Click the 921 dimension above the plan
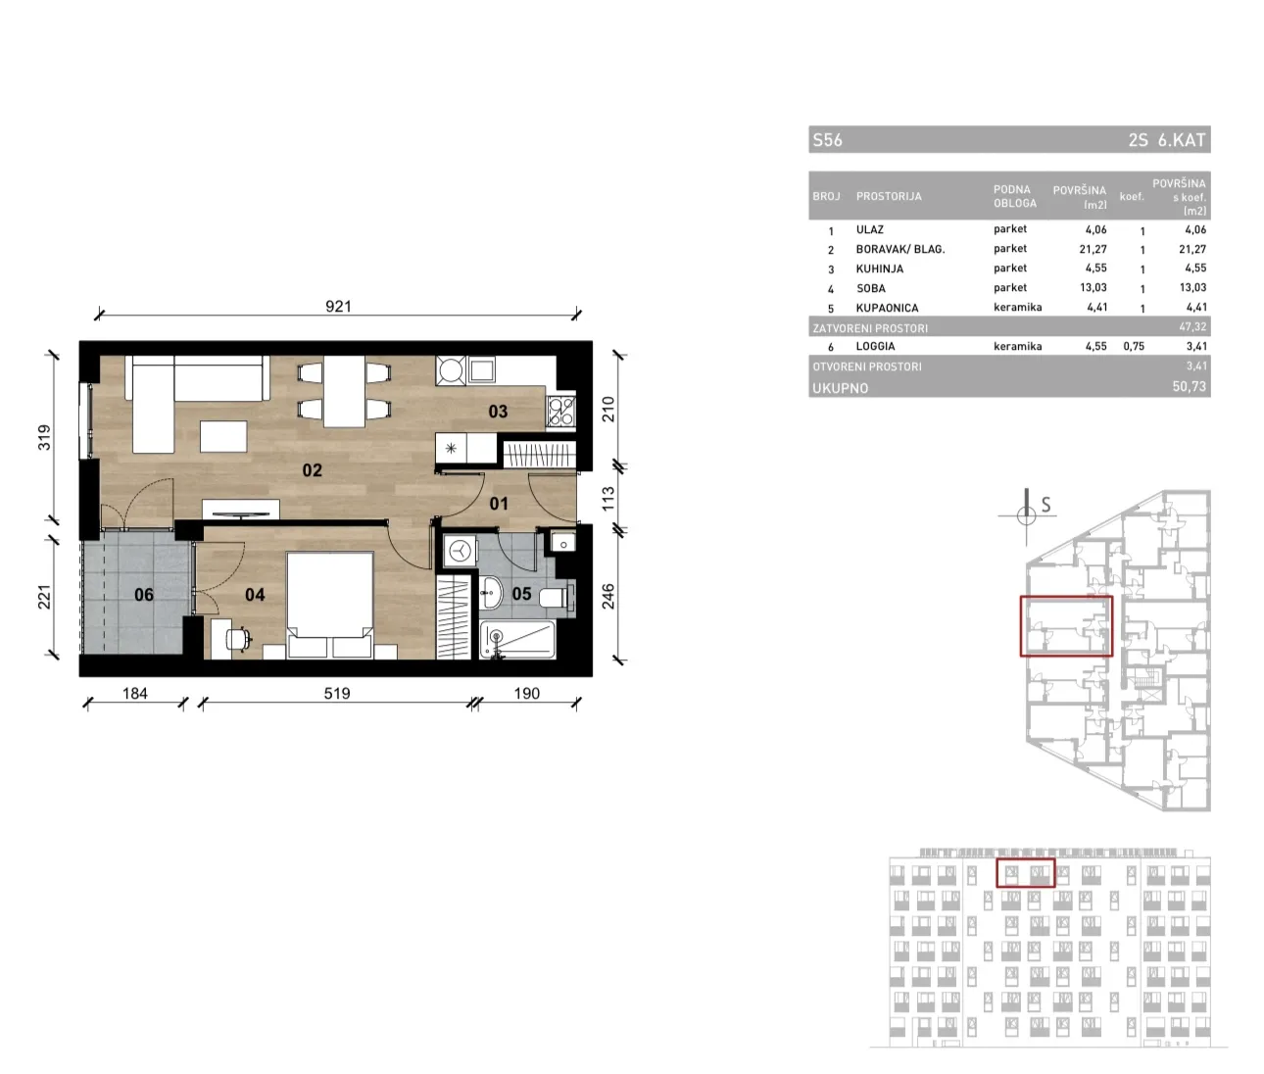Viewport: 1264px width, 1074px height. tap(338, 306)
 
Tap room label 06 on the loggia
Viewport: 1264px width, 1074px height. tap(144, 595)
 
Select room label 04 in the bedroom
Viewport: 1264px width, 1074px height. tap(255, 595)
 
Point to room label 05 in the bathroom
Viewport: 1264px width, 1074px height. tap(521, 593)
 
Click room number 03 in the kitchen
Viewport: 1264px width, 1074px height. tap(498, 412)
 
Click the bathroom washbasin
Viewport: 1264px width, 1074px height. tap(491, 593)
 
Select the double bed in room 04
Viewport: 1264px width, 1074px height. tap(330, 605)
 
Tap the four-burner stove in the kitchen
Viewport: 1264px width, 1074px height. tap(561, 411)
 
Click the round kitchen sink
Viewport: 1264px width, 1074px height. tap(452, 370)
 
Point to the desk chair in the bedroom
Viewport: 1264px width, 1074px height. tap(238, 639)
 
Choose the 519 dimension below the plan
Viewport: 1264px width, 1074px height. tap(337, 694)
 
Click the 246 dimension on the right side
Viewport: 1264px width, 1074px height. tap(608, 596)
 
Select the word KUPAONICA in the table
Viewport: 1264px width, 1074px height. tap(887, 308)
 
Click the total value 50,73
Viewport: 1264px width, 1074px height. tap(1190, 386)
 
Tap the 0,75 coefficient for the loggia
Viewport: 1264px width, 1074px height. tap(1134, 346)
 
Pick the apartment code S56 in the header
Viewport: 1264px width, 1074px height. tap(827, 140)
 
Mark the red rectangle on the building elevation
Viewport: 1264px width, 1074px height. tap(1026, 873)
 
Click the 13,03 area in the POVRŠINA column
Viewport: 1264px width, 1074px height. tap(1094, 287)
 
